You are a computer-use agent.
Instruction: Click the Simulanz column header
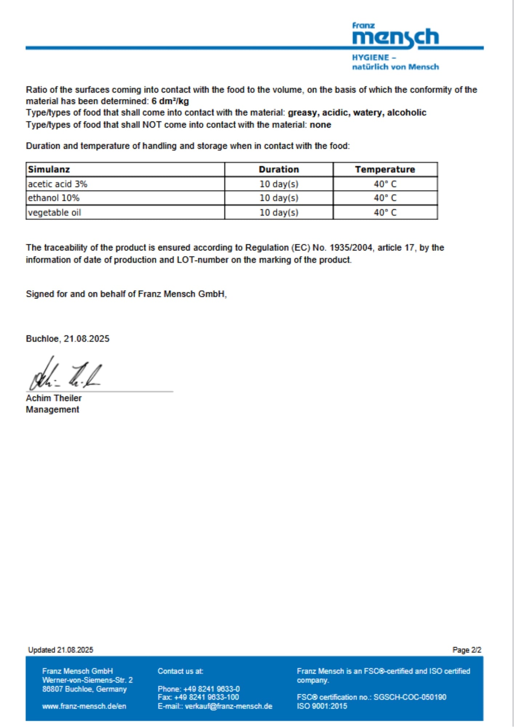click(49, 169)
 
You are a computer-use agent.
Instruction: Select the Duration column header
click(279, 169)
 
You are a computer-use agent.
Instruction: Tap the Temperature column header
click(385, 169)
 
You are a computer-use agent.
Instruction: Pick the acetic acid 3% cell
click(58, 184)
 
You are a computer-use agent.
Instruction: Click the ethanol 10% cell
click(54, 198)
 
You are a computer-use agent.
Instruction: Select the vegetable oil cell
click(55, 213)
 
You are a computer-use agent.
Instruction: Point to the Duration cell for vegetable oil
click(279, 213)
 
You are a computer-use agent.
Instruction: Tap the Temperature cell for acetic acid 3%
click(385, 184)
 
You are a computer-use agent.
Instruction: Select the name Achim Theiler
click(54, 398)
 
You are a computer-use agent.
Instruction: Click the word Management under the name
click(52, 410)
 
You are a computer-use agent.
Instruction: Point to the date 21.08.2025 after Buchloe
click(87, 339)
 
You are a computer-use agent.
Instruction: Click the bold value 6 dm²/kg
click(170, 101)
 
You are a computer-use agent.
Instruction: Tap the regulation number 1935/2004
click(351, 248)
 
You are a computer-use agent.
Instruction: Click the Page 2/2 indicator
click(467, 650)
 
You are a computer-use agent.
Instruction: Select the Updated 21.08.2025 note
click(60, 650)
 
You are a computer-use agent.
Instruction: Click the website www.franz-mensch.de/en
click(84, 706)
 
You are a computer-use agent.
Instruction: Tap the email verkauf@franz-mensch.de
click(229, 706)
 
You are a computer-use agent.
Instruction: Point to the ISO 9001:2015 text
click(322, 706)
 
